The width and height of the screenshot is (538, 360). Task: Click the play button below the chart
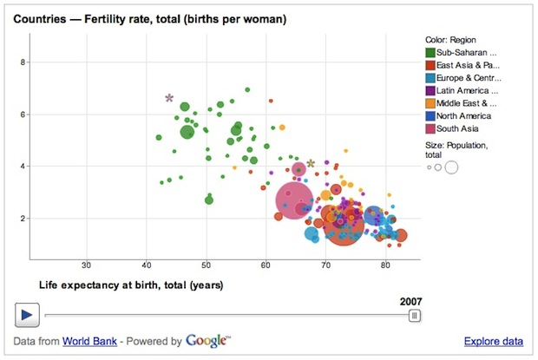pyautogui.click(x=26, y=315)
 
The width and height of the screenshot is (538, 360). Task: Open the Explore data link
pyautogui.click(x=493, y=342)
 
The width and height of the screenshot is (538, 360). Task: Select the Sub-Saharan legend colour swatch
pyautogui.click(x=430, y=52)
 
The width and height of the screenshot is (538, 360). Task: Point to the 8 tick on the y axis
pyautogui.click(x=23, y=62)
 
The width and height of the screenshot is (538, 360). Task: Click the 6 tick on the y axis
pyautogui.click(x=23, y=114)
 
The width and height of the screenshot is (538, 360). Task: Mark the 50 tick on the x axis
pyautogui.click(x=207, y=265)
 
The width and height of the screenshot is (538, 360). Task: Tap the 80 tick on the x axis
pyautogui.click(x=385, y=265)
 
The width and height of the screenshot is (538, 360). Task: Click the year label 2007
pyautogui.click(x=410, y=302)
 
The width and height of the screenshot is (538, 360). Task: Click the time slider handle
pyautogui.click(x=415, y=316)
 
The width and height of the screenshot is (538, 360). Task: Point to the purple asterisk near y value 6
pyautogui.click(x=169, y=99)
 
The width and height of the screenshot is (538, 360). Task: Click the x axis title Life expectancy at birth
pyautogui.click(x=131, y=285)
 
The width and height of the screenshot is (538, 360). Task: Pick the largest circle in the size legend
pyautogui.click(x=451, y=167)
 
